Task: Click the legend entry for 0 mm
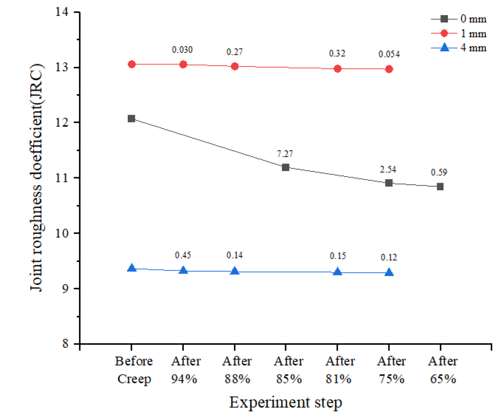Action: tap(459, 19)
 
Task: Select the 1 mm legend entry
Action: tap(459, 33)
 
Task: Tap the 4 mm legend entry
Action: tap(459, 48)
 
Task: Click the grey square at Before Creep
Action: tap(131, 119)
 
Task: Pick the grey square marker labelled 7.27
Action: tap(285, 167)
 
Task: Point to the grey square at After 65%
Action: tap(440, 187)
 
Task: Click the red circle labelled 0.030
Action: tap(183, 64)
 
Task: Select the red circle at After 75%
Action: tap(389, 69)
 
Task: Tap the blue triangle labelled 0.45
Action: tap(183, 270)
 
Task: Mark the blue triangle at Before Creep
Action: tap(131, 268)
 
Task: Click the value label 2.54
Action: tap(388, 169)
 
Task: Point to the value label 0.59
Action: tap(439, 172)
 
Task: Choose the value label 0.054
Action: tap(389, 54)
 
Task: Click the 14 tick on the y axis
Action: tap(62, 12)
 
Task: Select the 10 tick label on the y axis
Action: tap(62, 233)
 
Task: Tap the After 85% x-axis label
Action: tap(288, 370)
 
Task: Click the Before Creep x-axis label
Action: tap(134, 370)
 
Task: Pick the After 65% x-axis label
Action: tap(443, 370)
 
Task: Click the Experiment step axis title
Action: tap(285, 402)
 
